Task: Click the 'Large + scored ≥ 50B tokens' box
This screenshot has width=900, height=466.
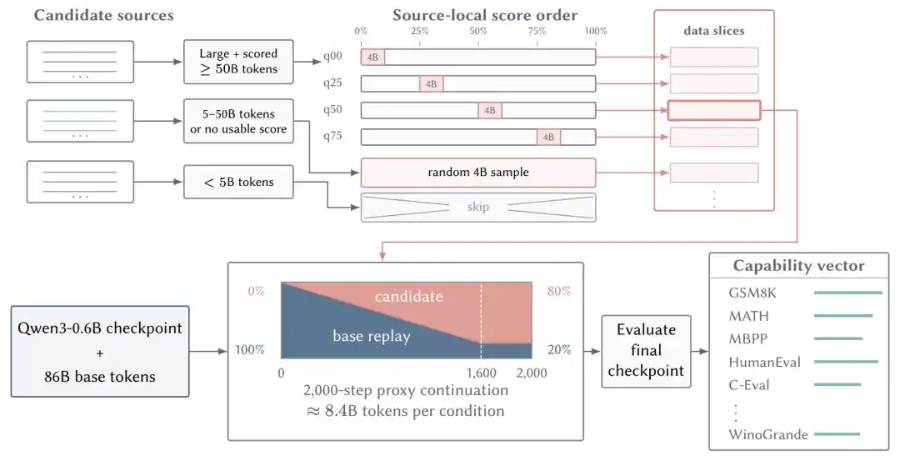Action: tap(238, 62)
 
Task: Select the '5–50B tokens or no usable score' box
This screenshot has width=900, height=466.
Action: tap(238, 121)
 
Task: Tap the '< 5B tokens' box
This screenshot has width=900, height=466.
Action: tap(238, 182)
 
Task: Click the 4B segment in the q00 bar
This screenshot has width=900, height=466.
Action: tap(372, 58)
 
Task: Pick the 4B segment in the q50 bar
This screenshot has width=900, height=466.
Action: tap(490, 110)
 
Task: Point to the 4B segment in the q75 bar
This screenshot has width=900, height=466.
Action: tap(548, 138)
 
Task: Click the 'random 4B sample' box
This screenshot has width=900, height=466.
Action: tap(478, 173)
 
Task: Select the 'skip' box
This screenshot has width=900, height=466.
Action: tap(478, 208)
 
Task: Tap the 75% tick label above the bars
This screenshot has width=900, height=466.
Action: tap(537, 31)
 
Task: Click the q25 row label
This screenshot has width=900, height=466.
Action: tap(332, 83)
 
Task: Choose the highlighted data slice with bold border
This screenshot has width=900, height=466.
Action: tap(714, 110)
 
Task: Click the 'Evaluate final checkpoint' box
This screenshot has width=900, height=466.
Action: tap(646, 351)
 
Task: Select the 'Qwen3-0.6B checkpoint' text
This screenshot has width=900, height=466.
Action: tap(100, 328)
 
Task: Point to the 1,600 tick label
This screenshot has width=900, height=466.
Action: tap(481, 373)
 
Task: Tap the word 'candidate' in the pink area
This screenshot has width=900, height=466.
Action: tap(408, 297)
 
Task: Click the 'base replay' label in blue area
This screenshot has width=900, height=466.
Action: tap(372, 336)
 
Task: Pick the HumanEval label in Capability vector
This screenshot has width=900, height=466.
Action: tap(764, 362)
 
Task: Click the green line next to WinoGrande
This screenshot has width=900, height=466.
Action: tap(837, 434)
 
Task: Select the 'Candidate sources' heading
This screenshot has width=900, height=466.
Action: tap(103, 15)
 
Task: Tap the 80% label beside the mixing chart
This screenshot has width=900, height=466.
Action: tap(558, 291)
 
